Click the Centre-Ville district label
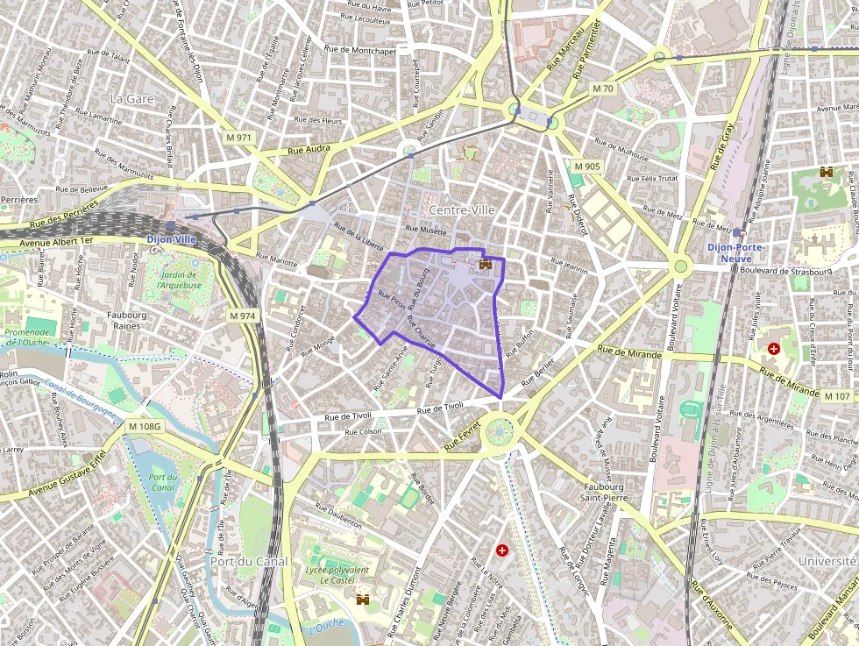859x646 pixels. pos(461,210)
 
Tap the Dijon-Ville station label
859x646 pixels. pos(171,238)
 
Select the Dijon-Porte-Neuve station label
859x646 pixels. pos(736,252)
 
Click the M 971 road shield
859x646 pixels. pos(238,138)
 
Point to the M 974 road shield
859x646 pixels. pos(242,315)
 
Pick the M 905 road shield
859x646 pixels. pos(587,167)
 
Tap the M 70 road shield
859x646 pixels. pos(603,89)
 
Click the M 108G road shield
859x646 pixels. pos(145,427)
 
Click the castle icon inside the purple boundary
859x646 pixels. pos(486,264)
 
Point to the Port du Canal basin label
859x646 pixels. pos(163,481)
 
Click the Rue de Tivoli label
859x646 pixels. pos(440,407)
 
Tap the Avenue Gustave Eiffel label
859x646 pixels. pos(66,474)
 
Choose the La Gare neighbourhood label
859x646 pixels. pos(131,99)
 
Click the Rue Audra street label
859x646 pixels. pos(309,150)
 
